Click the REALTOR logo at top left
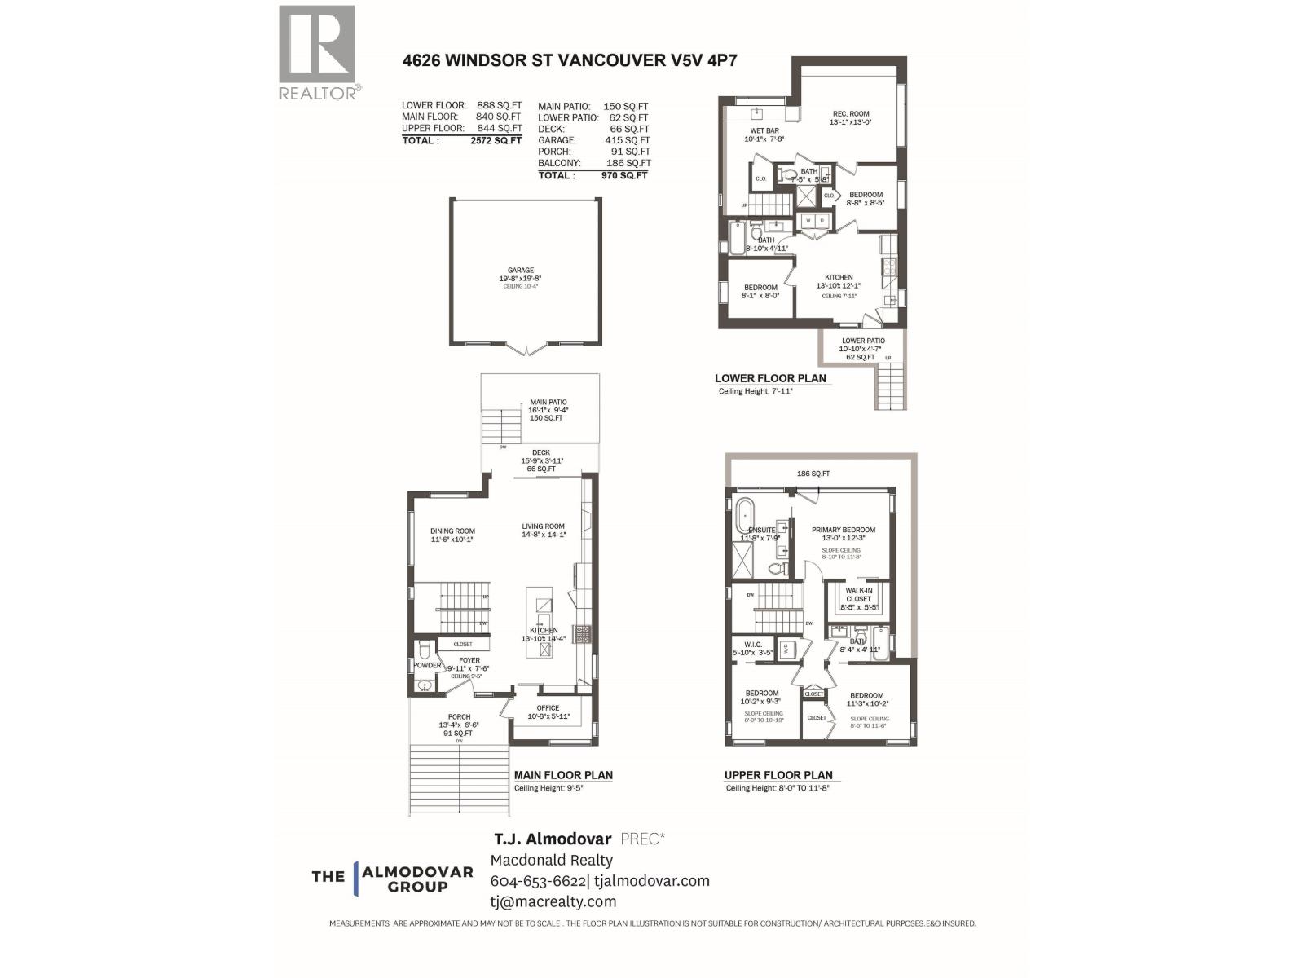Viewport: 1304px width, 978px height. coord(318,52)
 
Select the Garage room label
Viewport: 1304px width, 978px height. coord(521,271)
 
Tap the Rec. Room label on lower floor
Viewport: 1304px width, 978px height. coord(850,114)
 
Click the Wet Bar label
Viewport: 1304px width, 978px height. coord(764,130)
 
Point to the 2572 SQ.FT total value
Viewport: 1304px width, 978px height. coord(496,140)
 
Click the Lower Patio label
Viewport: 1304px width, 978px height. coord(863,341)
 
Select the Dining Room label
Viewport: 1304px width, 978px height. coord(452,531)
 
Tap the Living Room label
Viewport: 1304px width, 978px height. coord(543,526)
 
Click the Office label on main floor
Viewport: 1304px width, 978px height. coord(548,707)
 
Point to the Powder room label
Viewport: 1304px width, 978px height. coord(427,665)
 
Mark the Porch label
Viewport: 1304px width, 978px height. coord(459,717)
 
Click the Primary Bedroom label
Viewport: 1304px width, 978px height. coord(844,530)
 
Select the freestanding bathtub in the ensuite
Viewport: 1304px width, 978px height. coord(746,516)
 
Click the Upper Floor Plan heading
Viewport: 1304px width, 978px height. coord(778,775)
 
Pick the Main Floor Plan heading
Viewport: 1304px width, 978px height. coord(563,775)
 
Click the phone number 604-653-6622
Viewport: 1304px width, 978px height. coord(538,881)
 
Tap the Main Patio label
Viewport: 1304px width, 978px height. coord(548,402)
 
